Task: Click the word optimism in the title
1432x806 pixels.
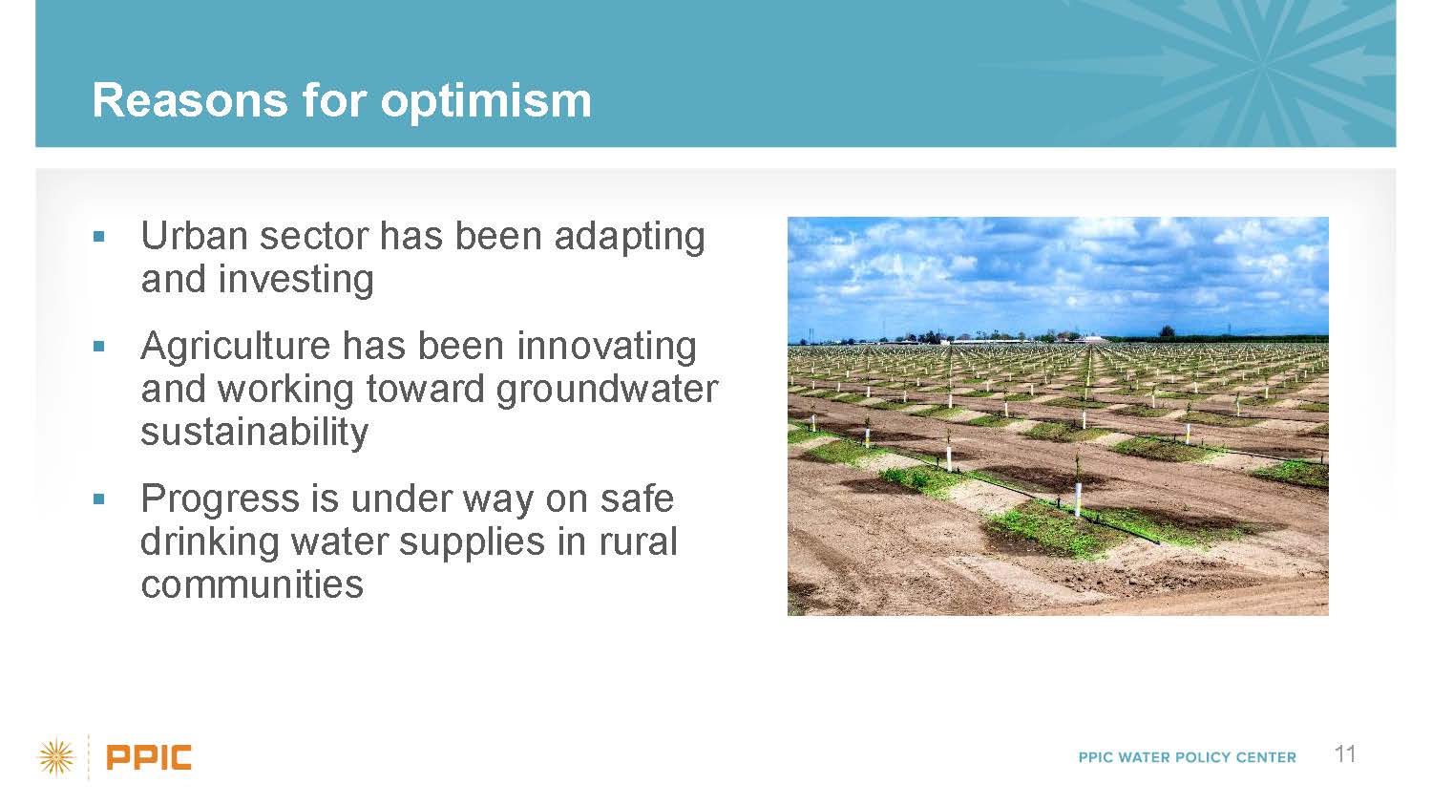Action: (x=486, y=102)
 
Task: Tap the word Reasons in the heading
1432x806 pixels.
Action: (x=190, y=100)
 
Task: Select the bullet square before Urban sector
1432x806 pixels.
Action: (x=98, y=237)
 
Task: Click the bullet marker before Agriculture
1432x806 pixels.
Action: (x=98, y=346)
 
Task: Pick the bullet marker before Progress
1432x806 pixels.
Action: (x=98, y=498)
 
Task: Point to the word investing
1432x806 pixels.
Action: (x=296, y=280)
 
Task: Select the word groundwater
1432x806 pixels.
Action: (x=607, y=391)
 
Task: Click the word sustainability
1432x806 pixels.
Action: (x=255, y=433)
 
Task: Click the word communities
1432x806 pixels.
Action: (x=252, y=584)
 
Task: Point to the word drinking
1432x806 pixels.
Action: (x=209, y=542)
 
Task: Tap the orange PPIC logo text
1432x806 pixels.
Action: (x=149, y=758)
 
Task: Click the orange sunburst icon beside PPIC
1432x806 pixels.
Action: (x=56, y=758)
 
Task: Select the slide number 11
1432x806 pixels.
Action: (x=1345, y=754)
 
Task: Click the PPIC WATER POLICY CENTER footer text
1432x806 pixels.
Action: (x=1188, y=758)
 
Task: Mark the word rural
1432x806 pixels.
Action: (x=638, y=542)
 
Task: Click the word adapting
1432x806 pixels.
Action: (x=630, y=238)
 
